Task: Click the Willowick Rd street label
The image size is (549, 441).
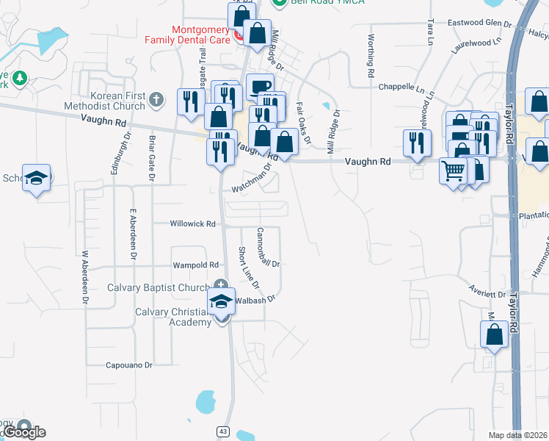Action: click(x=193, y=223)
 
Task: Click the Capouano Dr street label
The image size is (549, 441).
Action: click(x=128, y=365)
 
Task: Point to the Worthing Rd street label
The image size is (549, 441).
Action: click(x=371, y=57)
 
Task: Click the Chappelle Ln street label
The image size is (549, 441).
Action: click(x=401, y=87)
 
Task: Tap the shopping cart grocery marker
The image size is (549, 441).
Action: click(x=454, y=171)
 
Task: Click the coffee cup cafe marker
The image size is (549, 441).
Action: click(x=260, y=85)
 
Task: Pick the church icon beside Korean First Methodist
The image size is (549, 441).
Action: click(x=155, y=98)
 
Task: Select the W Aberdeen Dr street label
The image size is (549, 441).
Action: click(x=85, y=277)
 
